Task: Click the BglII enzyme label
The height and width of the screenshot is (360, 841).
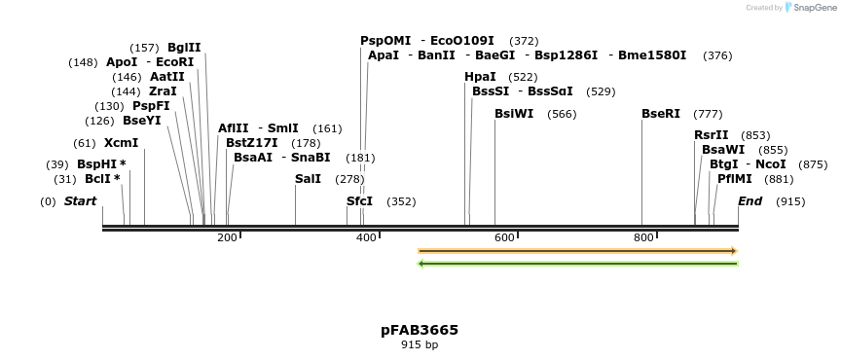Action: (184, 48)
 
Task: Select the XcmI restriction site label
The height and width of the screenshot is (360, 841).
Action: (121, 143)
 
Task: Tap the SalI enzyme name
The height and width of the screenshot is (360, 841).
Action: (308, 179)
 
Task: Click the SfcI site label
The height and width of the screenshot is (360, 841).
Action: (359, 201)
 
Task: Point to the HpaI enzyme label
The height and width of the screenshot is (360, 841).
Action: (481, 77)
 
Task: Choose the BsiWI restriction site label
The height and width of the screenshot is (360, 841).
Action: (514, 114)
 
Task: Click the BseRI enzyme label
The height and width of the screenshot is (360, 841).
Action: (661, 114)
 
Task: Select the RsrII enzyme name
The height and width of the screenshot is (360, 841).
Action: (711, 135)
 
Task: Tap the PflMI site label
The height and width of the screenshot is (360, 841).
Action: (735, 179)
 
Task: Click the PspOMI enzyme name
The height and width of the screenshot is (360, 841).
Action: (385, 41)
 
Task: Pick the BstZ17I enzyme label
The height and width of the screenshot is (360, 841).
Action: (251, 143)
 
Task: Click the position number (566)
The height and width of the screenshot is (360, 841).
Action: (563, 114)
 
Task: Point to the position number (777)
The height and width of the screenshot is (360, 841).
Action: (708, 114)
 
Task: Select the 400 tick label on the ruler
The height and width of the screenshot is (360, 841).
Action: (366, 237)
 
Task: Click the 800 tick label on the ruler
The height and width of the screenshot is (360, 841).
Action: (643, 237)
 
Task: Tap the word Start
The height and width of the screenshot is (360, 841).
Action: (80, 201)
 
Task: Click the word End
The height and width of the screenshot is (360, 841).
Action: (750, 201)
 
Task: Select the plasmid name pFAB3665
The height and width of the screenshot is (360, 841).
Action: (420, 330)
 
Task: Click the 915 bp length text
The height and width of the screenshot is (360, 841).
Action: (420, 344)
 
